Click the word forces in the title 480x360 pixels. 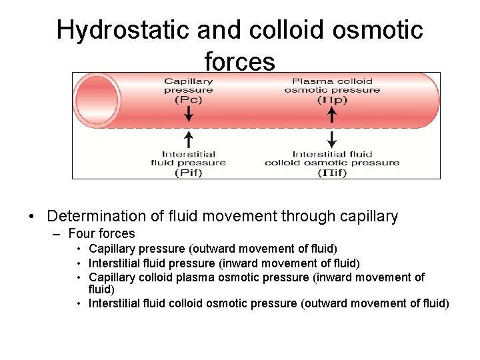239,61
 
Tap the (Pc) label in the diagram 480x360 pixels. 189,100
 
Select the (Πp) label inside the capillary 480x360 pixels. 331,100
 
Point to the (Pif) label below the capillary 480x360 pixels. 189,173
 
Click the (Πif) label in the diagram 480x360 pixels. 331,173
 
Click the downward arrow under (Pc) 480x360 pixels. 189,114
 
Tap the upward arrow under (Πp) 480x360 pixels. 332,114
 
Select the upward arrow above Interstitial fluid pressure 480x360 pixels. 189,139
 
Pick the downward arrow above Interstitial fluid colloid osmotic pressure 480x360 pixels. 332,139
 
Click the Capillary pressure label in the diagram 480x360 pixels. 189,85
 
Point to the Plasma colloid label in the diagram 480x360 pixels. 332,81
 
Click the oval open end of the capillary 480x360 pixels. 97,100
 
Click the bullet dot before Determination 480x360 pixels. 31,217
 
